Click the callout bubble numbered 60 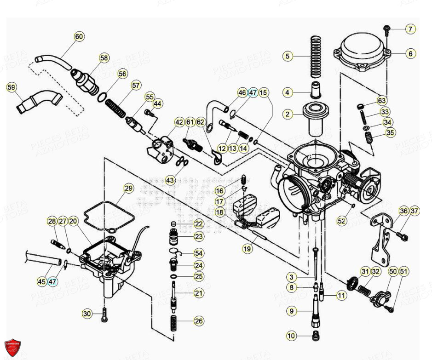[79, 37]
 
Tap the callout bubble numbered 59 [12, 87]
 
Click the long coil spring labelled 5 [315, 57]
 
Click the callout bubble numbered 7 [410, 29]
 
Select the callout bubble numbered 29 [128, 188]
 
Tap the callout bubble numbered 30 [87, 314]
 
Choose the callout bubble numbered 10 [291, 336]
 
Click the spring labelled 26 [174, 320]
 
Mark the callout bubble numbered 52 [341, 221]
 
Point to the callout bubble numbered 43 [170, 179]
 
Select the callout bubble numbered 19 [248, 249]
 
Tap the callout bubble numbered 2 [288, 114]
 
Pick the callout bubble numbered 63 [382, 100]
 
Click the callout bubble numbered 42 [179, 122]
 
